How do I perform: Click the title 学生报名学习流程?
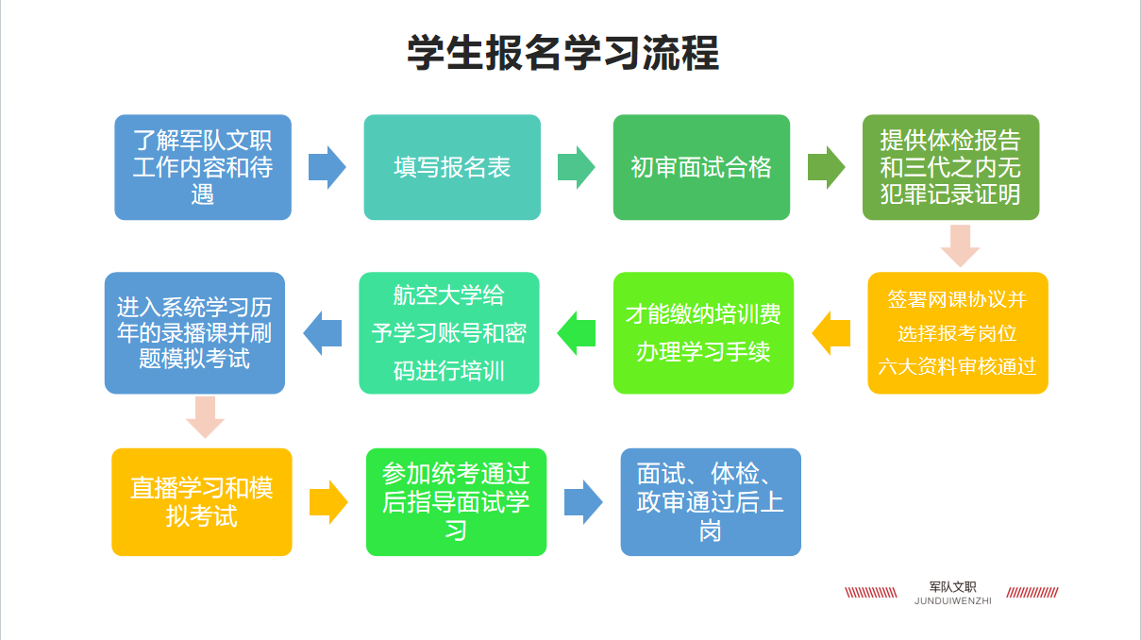tap(562, 53)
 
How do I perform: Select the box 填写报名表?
tap(452, 167)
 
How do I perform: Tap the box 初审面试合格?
tap(701, 167)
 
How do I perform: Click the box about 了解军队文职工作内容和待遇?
tap(203, 167)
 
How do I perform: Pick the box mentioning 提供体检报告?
tap(950, 167)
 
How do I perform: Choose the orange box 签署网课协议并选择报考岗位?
tap(958, 332)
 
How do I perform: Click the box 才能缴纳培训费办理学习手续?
tap(703, 332)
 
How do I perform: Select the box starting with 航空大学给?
tap(449, 332)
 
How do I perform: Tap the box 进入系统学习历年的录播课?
tap(194, 332)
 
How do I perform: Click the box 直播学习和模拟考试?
tap(202, 502)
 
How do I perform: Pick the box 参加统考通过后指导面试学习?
tap(457, 502)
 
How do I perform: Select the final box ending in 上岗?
tap(711, 502)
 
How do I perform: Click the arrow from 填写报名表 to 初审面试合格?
tap(577, 167)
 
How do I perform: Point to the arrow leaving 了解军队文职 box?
tap(327, 167)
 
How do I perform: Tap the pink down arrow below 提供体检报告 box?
tap(960, 245)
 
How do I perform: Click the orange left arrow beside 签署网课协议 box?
tap(831, 333)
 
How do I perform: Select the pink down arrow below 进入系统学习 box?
tap(206, 417)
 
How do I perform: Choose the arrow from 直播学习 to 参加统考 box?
tap(328, 502)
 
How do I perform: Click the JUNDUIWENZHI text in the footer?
tap(952, 600)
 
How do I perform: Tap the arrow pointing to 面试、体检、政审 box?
tap(583, 502)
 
